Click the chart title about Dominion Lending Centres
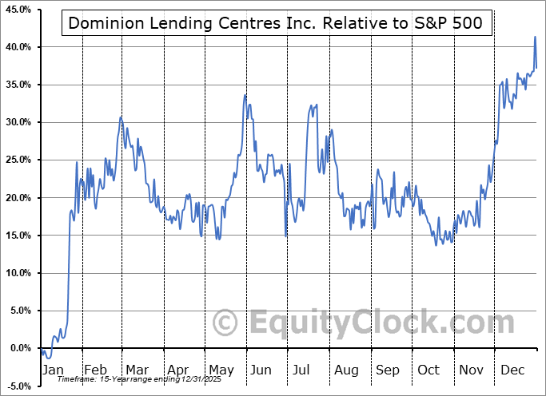(x=276, y=23)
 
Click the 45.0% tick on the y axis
(x=18, y=10)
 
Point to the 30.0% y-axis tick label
(x=18, y=122)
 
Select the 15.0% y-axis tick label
(x=18, y=236)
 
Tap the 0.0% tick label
(x=19, y=349)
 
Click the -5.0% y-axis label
(x=18, y=386)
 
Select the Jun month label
(x=261, y=370)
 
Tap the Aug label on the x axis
(x=345, y=370)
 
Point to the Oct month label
(x=429, y=370)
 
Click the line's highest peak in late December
(x=535, y=37)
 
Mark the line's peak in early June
(x=245, y=95)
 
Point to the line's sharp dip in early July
(x=286, y=236)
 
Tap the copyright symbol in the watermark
(x=225, y=323)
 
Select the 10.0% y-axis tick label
(x=18, y=273)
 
